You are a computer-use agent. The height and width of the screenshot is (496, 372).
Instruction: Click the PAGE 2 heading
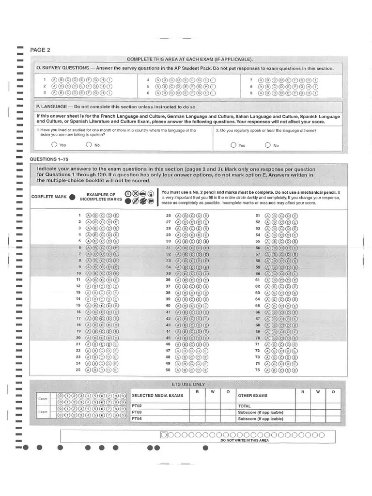point(40,50)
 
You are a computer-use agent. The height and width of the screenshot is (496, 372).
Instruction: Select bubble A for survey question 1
point(54,80)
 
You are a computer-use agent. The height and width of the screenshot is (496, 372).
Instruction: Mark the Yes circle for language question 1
point(53,145)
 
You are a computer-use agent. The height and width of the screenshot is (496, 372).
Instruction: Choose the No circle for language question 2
point(268,145)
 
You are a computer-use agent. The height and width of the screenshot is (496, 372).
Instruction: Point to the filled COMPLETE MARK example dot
point(72,197)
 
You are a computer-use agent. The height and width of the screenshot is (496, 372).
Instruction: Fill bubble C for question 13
point(102,293)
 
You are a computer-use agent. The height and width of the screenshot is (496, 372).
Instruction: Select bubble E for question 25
point(116,370)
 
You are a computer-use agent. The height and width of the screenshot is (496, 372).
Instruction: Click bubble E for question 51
point(295,216)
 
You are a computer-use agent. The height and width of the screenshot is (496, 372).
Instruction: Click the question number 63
point(258,293)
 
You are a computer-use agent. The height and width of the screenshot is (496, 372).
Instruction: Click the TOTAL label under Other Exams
point(244,406)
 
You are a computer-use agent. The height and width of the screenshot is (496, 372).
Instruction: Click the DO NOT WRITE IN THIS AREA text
point(244,440)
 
